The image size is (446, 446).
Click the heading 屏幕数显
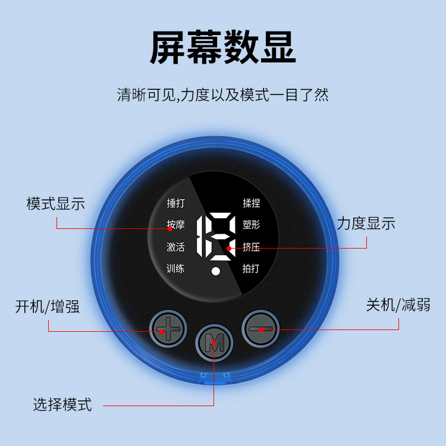(222, 47)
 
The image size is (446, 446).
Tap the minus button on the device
(260, 328)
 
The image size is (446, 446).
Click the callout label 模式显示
(56, 203)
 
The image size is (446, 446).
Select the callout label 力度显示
(366, 224)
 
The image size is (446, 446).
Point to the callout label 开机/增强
(48, 307)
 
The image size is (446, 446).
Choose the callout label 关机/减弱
(398, 305)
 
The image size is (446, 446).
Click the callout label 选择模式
(62, 406)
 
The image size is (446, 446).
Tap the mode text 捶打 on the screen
(175, 203)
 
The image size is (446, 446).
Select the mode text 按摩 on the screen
(175, 225)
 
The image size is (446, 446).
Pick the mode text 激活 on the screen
(175, 247)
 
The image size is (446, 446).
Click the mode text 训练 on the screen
(175, 268)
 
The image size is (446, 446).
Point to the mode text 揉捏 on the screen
(251, 203)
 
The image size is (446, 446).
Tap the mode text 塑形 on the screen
(251, 225)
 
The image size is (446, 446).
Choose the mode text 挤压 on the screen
(251, 247)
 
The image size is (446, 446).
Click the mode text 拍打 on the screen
(251, 268)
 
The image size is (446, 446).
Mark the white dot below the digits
(216, 272)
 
